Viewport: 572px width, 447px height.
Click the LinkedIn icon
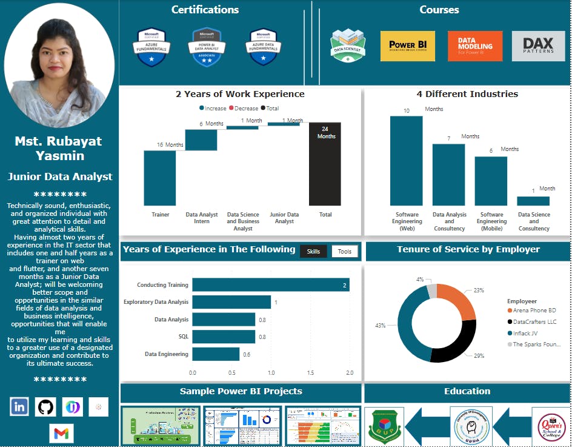click(19, 406)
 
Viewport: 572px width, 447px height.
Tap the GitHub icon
click(45, 406)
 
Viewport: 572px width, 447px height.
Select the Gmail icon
click(61, 433)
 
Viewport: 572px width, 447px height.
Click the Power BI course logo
click(408, 46)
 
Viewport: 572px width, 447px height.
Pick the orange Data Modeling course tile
click(475, 46)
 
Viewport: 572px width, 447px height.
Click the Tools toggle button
click(345, 251)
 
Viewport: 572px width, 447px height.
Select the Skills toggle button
click(313, 251)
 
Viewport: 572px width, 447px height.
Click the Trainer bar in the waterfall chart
click(160, 178)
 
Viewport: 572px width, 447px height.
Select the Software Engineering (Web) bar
click(407, 161)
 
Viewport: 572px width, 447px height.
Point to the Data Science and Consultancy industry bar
click(533, 201)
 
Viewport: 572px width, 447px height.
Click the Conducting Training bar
click(270, 284)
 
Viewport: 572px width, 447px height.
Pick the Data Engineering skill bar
click(216, 354)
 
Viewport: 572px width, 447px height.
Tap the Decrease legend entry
click(244, 108)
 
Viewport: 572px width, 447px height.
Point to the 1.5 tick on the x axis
click(310, 373)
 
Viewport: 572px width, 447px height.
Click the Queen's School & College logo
click(549, 425)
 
